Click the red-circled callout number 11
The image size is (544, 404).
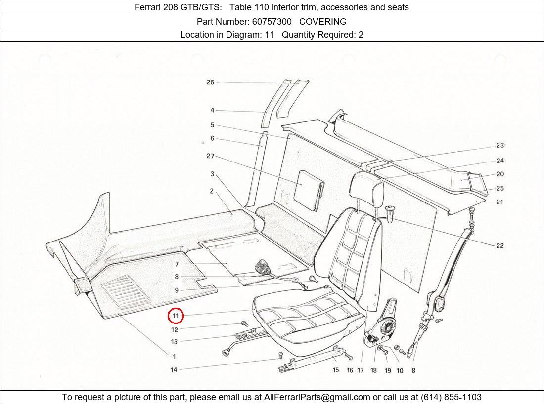176,316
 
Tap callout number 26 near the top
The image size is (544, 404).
210,82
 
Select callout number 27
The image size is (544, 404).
210,156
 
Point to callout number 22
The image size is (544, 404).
500,246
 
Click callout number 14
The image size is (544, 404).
174,369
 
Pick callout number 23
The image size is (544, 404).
500,145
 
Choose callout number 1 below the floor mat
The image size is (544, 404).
174,356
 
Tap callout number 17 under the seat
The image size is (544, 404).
361,370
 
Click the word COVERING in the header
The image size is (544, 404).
323,21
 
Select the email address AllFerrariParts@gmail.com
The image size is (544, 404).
317,397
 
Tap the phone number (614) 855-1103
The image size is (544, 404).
451,397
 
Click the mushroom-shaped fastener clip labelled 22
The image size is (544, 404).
391,212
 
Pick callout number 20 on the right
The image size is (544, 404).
500,174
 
